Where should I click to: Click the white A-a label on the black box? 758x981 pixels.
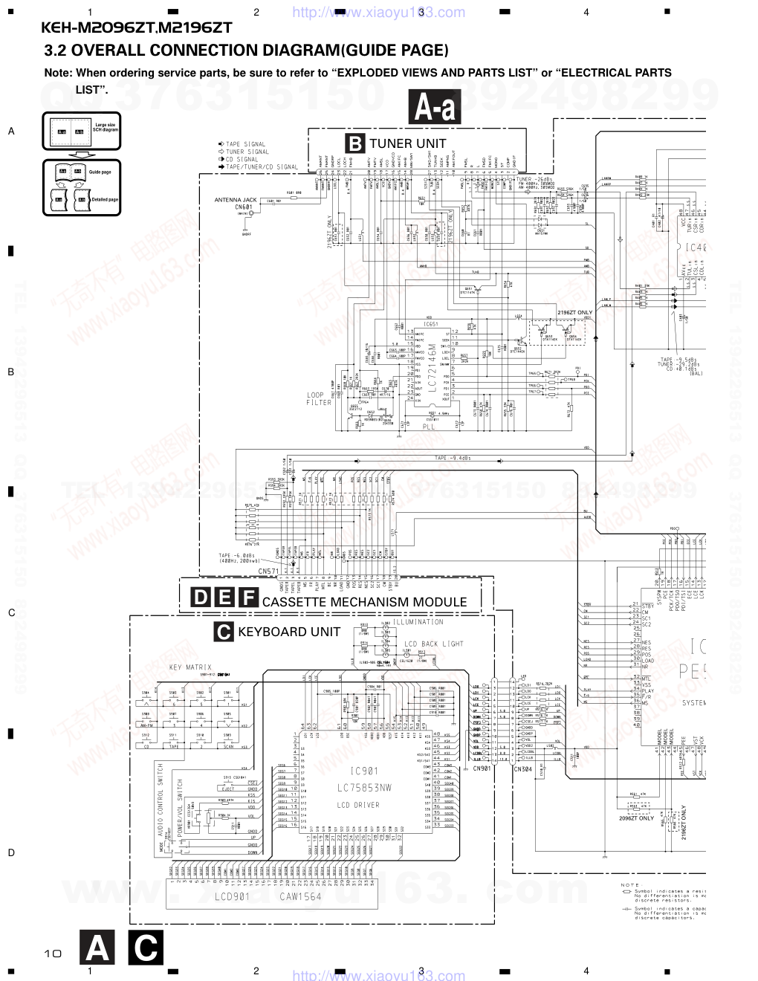pos(435,109)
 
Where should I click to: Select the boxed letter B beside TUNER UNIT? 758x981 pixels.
pos(355,143)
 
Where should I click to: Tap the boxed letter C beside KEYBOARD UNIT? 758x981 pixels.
pos(223,632)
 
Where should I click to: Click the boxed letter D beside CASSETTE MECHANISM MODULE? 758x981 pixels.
pos(201,598)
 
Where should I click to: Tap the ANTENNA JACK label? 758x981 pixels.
pos(236,200)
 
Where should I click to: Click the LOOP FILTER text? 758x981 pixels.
pos(320,399)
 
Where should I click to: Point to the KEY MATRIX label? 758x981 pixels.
pos(190,667)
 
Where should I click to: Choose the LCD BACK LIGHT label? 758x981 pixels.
pos(433,644)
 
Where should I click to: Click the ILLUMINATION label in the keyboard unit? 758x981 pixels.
pos(418,622)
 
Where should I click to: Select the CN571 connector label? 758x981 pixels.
pos(268,571)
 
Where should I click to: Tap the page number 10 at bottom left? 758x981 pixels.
pos(52,953)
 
